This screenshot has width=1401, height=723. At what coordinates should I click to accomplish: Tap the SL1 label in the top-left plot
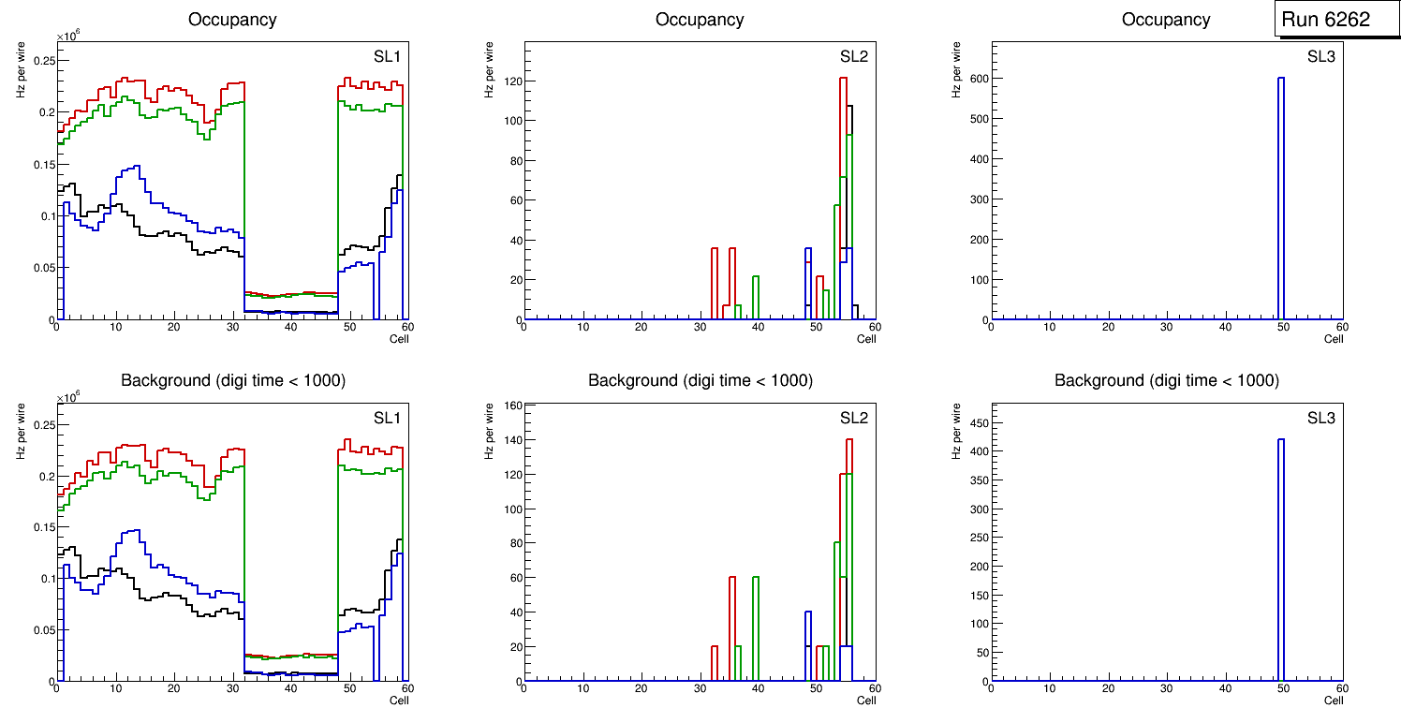tap(387, 56)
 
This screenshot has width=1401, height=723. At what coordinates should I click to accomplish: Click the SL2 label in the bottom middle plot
tap(854, 418)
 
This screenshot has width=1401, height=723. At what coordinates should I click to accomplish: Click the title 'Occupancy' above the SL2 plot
tap(700, 20)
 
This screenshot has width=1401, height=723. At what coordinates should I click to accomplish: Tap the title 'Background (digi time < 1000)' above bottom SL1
tap(232, 380)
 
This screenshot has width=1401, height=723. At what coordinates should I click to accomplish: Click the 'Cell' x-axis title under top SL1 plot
tap(399, 339)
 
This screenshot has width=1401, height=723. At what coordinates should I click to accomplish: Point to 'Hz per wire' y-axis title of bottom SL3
tap(956, 430)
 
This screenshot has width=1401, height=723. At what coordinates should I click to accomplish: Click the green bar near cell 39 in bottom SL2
tap(755, 627)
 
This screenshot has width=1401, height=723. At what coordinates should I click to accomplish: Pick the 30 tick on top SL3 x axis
tap(1166, 327)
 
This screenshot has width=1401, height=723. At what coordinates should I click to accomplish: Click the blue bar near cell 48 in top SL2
tap(808, 281)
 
